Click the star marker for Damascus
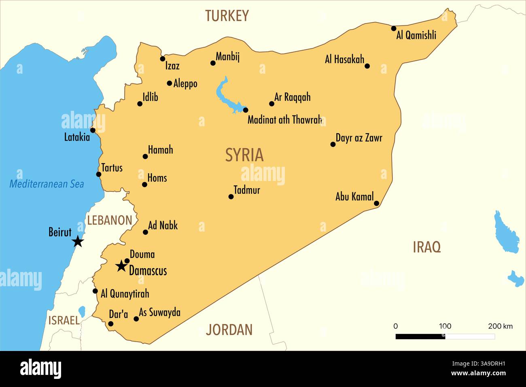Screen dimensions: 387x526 [x=121, y=266]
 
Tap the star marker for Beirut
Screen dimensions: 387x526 [x=78, y=242]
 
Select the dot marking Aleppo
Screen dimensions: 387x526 [x=170, y=83]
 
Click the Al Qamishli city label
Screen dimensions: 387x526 [x=416, y=36]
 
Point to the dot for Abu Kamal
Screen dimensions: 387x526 [x=376, y=203]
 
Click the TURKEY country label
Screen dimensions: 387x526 [x=227, y=16]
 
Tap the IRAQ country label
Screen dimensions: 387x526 [x=426, y=247]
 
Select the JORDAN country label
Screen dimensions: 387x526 [x=229, y=330]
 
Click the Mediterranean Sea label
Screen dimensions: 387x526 [x=47, y=184]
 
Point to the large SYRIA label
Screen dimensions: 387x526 [x=244, y=155]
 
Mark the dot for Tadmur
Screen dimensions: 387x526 [x=231, y=197]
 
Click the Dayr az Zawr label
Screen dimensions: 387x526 [x=359, y=138]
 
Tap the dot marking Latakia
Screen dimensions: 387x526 [x=93, y=130]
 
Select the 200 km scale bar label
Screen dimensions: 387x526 [x=500, y=326]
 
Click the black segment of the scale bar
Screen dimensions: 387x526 [x=420, y=336]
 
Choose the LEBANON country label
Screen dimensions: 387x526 [x=110, y=220]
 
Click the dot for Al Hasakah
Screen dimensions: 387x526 [x=367, y=66]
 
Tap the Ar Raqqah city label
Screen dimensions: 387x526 [x=292, y=97]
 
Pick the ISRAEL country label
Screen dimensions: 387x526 [x=64, y=320]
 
